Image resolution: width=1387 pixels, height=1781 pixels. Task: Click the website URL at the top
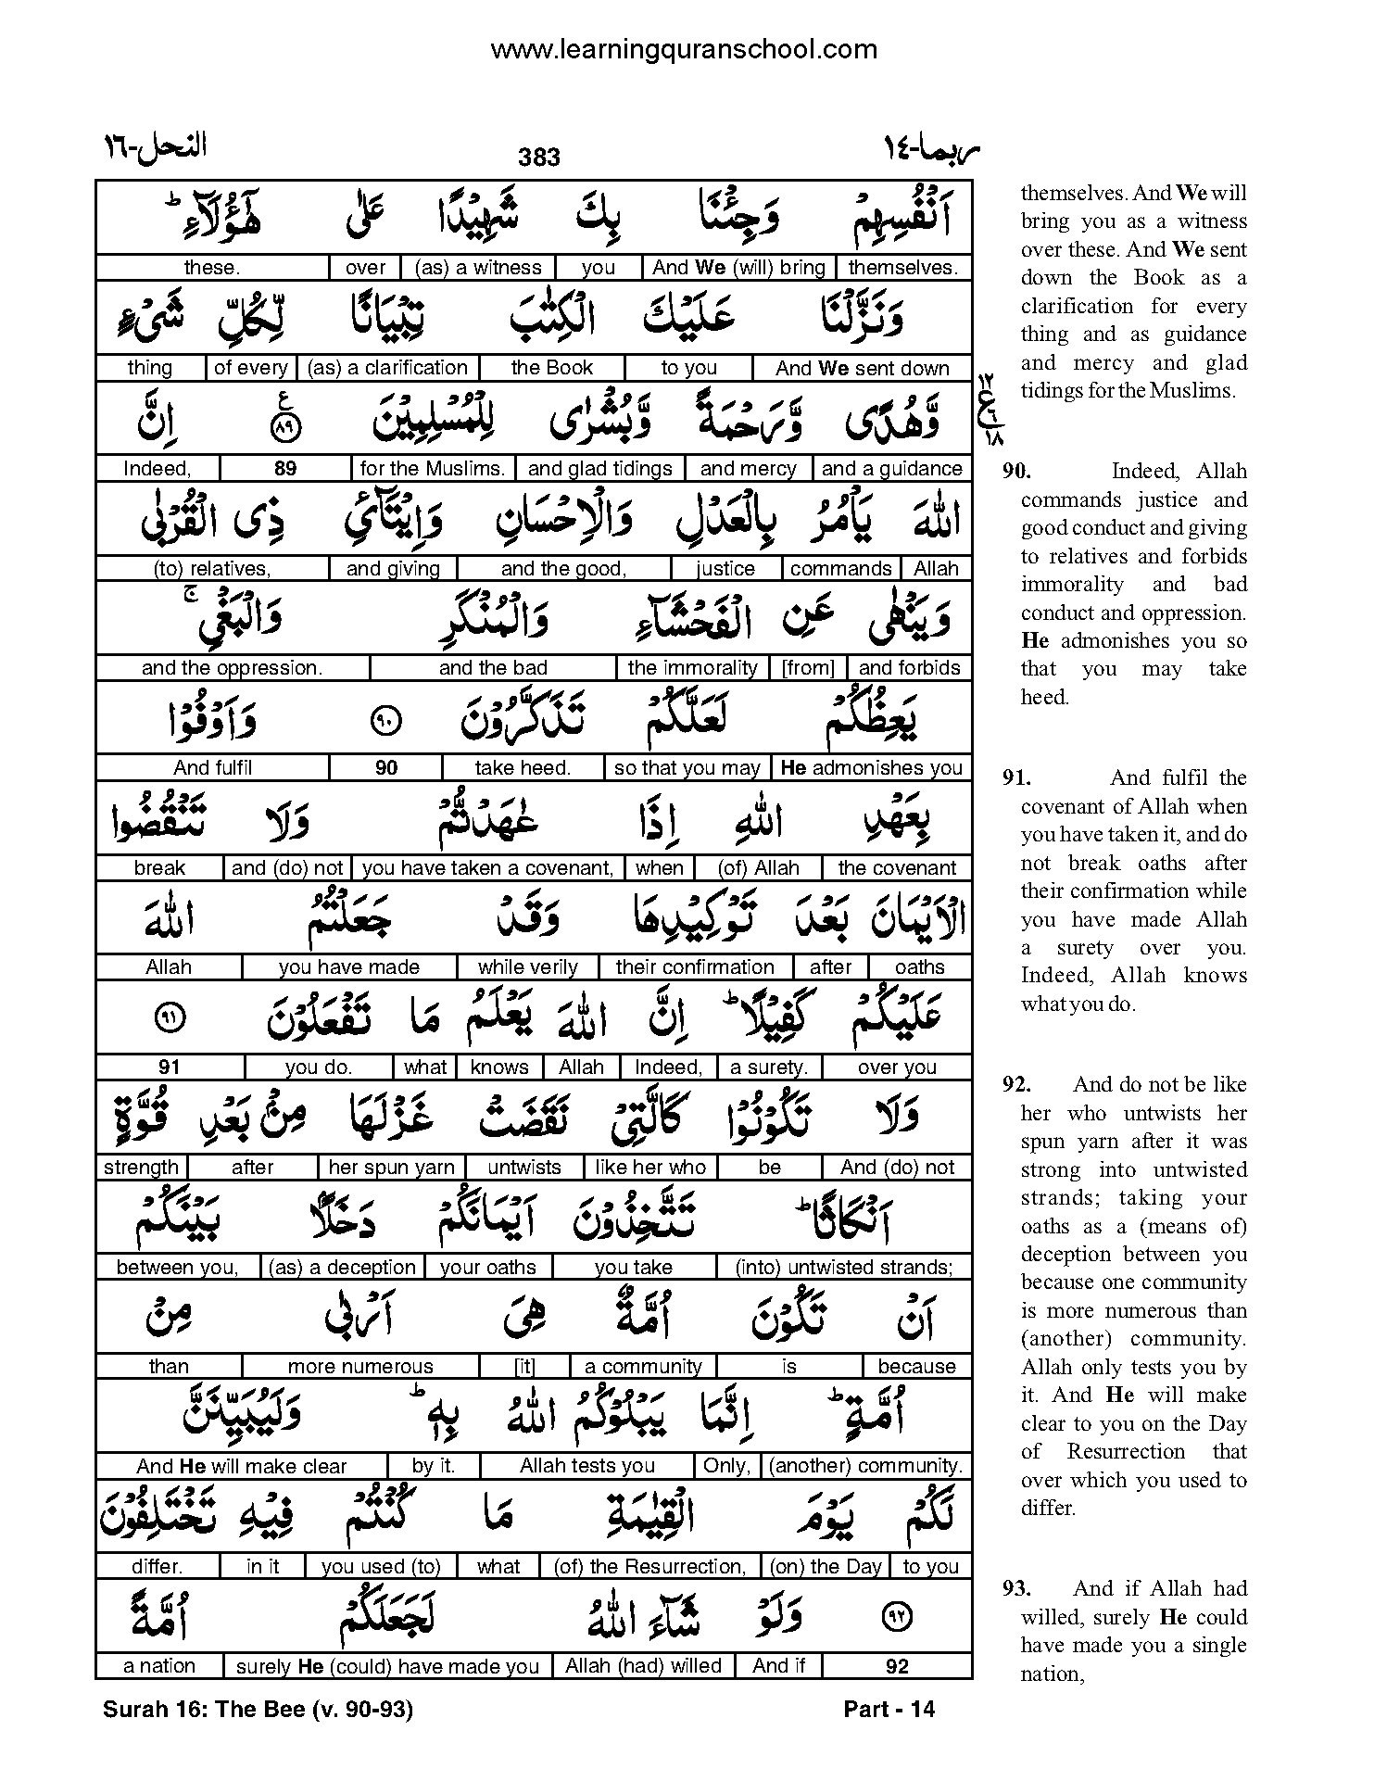[x=684, y=49]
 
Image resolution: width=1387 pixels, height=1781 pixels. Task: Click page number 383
[x=539, y=158]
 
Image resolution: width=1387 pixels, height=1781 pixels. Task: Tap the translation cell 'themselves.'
[x=903, y=268]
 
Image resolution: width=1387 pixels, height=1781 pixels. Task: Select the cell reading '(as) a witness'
[x=478, y=268]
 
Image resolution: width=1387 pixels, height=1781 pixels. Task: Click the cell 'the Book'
[x=551, y=368]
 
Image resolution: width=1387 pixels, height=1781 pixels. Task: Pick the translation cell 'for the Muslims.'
[x=433, y=469]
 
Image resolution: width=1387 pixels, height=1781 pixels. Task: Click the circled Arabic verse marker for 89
[x=286, y=428]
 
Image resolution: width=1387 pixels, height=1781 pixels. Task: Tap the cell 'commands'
[x=841, y=569]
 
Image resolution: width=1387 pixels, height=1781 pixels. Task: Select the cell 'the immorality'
[x=692, y=668]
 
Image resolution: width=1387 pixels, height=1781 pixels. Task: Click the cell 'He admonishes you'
[x=872, y=768]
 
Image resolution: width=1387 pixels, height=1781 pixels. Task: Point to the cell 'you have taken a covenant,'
[x=488, y=868]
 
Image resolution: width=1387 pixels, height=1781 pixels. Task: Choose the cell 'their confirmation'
[x=695, y=967]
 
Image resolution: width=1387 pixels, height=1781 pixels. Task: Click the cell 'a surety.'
[x=769, y=1067]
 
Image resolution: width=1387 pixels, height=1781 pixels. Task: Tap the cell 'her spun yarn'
[x=392, y=1168]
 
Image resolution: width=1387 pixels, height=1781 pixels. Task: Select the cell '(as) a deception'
[x=342, y=1268]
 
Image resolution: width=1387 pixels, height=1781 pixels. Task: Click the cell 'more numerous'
[x=360, y=1367]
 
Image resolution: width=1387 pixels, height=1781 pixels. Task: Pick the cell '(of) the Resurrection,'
[x=650, y=1567]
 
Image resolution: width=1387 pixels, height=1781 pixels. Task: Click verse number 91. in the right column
[x=1016, y=778]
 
